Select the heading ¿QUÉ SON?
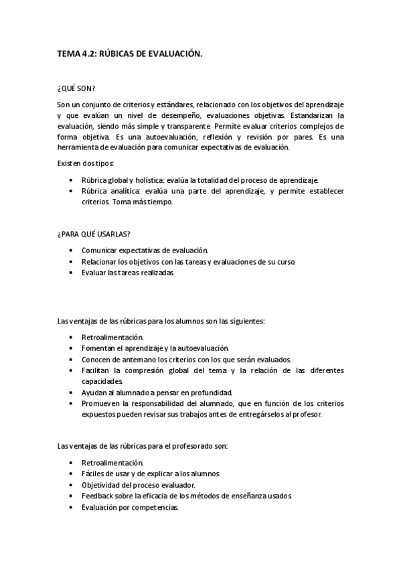(76, 88)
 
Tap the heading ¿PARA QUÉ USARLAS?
(94, 233)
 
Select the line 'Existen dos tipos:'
(86, 163)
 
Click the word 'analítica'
(127, 191)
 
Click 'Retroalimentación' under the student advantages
(112, 337)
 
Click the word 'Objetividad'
(102, 484)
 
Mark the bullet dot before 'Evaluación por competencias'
(72, 507)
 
